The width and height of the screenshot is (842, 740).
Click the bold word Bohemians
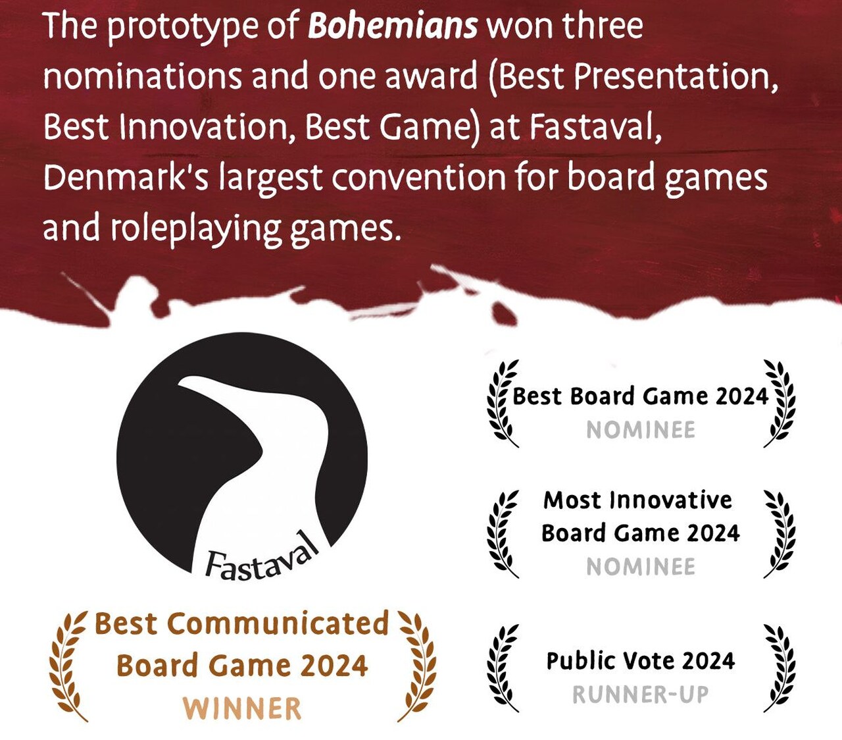[x=393, y=26]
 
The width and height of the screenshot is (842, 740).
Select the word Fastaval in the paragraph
[x=595, y=127]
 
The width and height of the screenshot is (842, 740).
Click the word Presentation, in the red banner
[x=676, y=78]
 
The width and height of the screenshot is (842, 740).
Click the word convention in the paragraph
[x=418, y=177]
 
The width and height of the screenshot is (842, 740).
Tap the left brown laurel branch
[x=68, y=665]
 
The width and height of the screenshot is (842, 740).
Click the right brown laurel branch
[x=417, y=665]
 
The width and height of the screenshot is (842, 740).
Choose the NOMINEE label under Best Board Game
[x=641, y=430]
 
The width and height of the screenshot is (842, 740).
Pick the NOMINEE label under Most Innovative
[x=641, y=567]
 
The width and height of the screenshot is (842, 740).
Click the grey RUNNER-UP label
[x=641, y=695]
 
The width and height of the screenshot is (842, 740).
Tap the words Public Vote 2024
[x=641, y=660]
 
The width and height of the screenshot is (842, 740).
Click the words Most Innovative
[x=637, y=500]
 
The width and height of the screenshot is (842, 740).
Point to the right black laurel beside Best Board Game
[x=780, y=404]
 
